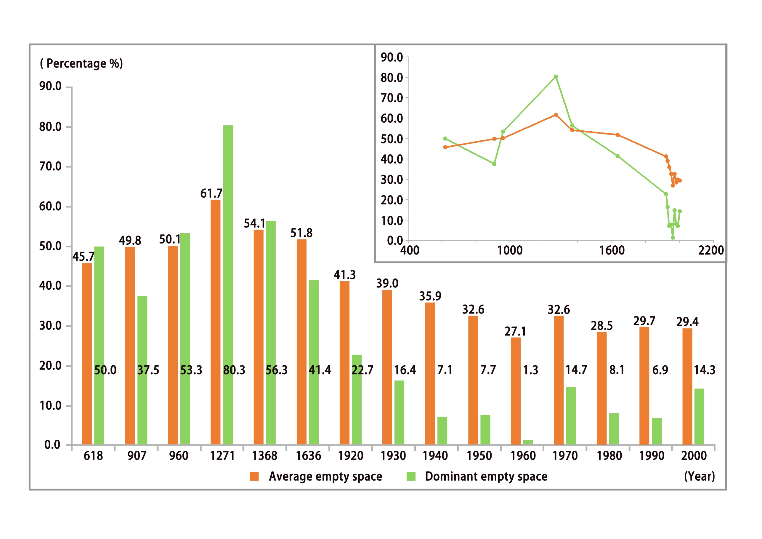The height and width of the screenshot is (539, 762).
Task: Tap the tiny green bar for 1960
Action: click(528, 442)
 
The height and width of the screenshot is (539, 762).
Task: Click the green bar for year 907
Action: click(142, 370)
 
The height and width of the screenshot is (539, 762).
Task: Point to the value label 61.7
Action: click(211, 193)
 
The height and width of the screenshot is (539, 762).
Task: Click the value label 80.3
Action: click(234, 370)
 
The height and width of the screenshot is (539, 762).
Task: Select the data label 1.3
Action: click(530, 370)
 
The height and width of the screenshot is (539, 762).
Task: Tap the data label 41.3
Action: click(344, 275)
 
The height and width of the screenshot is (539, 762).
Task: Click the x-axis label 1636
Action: click(308, 456)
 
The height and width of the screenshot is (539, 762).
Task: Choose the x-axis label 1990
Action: click(652, 456)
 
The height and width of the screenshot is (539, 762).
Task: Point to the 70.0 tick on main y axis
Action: click(50, 167)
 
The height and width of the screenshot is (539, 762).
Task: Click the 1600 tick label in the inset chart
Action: click(612, 250)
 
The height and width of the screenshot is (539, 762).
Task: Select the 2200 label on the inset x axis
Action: click(711, 250)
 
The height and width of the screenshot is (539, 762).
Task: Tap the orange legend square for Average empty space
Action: click(254, 476)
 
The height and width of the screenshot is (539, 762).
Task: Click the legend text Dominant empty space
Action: click(486, 476)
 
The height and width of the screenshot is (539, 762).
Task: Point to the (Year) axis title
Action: click(699, 476)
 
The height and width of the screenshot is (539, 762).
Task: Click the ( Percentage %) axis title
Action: click(81, 63)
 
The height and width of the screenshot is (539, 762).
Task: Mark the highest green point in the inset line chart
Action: click(556, 77)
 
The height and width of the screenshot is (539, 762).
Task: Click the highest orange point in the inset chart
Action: click(556, 115)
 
